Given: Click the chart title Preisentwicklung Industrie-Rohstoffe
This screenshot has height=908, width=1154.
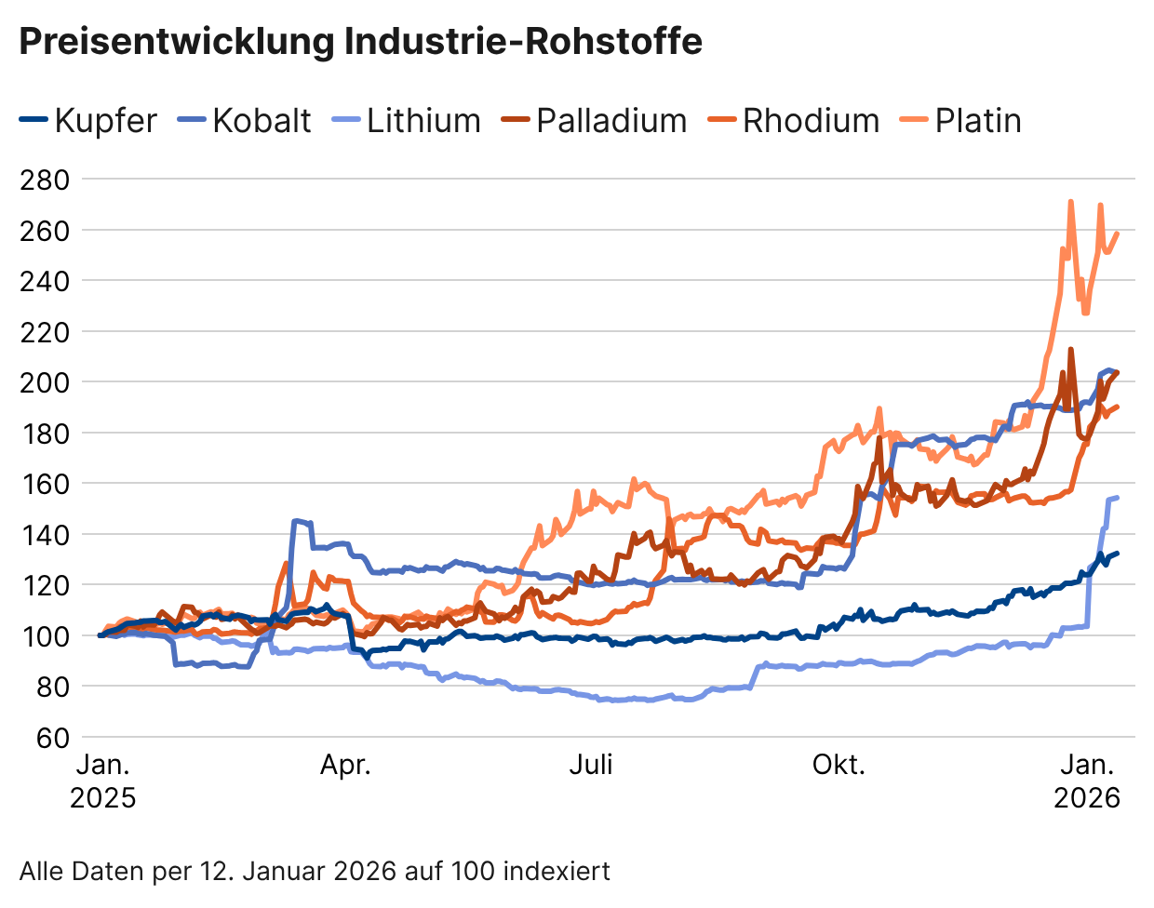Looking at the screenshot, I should coord(360,42).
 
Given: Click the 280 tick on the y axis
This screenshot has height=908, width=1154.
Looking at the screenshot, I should coord(45,179).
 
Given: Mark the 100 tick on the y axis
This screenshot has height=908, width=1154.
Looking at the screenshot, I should coord(45,635).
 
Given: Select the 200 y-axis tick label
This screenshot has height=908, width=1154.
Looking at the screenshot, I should coord(45,382).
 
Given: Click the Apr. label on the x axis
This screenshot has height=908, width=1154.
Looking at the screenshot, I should coord(345,765).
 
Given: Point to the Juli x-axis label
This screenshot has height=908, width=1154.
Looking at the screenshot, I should coord(591,765).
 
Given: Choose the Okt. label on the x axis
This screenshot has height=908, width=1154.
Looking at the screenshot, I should coord(839,765).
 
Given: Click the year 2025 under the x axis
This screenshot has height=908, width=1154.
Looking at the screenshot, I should coord(102,797).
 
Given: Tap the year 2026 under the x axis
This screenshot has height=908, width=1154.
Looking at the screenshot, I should coord(1086,797).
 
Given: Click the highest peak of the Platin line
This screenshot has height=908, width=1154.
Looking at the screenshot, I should coord(1070,202).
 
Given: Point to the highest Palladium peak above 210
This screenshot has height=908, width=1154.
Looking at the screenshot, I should coord(1071,350).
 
